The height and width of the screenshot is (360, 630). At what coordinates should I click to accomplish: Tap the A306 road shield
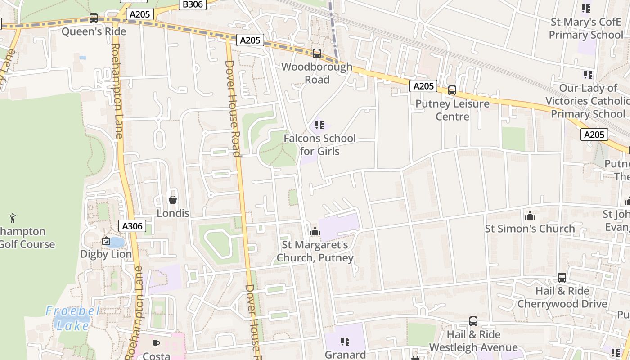[x=132, y=226]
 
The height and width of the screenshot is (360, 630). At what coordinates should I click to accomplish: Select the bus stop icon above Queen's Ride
[x=94, y=18]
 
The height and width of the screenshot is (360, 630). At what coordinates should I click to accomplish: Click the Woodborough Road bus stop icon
[x=317, y=54]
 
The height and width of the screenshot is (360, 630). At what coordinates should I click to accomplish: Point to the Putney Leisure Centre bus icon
[x=452, y=90]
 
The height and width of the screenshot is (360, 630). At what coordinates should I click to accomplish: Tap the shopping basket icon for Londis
[x=172, y=200]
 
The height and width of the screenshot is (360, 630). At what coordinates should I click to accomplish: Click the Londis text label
[x=173, y=213]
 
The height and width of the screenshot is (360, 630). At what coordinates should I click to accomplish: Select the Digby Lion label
[x=106, y=254]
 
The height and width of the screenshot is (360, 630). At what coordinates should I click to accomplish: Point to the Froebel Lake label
[x=72, y=318]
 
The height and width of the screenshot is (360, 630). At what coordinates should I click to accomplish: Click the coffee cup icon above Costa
[x=156, y=343]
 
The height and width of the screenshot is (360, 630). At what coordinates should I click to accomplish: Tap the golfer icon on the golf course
[x=13, y=218]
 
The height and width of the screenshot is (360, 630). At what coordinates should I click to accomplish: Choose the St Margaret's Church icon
[x=315, y=232]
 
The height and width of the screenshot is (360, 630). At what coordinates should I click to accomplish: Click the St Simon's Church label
[x=530, y=229]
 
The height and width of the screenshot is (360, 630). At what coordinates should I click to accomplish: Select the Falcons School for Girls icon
[x=319, y=125]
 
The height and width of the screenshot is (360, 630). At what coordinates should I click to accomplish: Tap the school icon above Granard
[x=345, y=342]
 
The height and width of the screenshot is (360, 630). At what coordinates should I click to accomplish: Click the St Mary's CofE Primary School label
[x=586, y=28]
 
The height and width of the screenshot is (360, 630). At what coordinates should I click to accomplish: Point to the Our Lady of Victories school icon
[x=588, y=74]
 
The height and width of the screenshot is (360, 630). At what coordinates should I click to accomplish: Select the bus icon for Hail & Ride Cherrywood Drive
[x=562, y=278]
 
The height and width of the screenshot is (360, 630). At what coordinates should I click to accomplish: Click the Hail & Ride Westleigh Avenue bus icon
[x=473, y=321]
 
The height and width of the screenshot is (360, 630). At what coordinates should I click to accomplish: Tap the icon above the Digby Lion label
[x=106, y=241]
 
